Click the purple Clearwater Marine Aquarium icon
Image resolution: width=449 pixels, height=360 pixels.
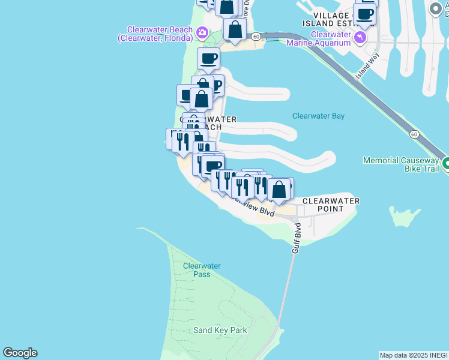pos(360,38)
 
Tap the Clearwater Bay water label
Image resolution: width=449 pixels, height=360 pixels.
pos(318,116)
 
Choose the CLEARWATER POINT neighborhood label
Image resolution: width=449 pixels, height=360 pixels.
pos(331,205)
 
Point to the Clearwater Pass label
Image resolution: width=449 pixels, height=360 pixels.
pos(202,270)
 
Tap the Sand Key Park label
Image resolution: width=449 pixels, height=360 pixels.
pos(220,330)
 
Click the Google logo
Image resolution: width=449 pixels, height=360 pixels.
pos(20,353)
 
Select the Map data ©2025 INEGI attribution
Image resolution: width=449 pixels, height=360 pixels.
pos(414,355)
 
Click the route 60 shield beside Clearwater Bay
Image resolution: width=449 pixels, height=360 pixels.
pos(414,134)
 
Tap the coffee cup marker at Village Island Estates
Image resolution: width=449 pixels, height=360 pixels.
pos(364,14)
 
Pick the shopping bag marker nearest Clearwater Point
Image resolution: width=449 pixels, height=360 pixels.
pos(279,191)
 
